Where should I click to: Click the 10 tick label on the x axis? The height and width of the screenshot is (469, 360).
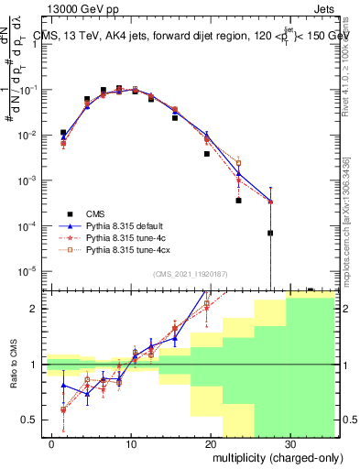[x=132, y=442]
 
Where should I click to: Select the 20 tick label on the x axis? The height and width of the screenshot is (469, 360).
[x=211, y=442]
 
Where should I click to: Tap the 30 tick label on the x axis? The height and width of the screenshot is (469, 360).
[x=289, y=442]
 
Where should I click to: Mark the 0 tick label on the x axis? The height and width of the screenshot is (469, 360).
[x=53, y=442]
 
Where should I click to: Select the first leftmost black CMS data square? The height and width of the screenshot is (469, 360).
[x=63, y=133]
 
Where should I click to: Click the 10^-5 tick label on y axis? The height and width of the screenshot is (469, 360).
[x=28, y=270]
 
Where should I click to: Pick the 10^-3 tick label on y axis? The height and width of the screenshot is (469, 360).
[x=28, y=180]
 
